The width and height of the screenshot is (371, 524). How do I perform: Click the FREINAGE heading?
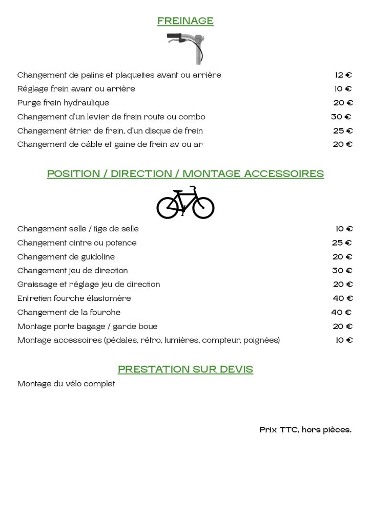(x=185, y=21)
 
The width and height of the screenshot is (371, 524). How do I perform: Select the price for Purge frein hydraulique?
(x=343, y=103)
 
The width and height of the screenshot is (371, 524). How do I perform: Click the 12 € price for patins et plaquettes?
(x=343, y=75)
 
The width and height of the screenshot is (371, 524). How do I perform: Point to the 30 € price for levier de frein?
(x=341, y=117)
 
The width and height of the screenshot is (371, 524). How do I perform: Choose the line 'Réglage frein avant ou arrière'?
(x=76, y=89)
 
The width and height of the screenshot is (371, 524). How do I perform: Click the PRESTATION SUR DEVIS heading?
(x=186, y=369)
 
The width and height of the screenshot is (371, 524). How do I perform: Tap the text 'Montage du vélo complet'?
(x=66, y=384)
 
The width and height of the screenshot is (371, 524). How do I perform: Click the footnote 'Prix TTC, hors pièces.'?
(x=305, y=430)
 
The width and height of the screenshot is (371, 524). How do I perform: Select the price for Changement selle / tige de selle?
(x=344, y=229)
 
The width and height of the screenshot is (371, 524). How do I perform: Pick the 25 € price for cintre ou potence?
(x=342, y=243)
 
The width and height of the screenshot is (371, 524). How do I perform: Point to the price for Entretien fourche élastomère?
(x=343, y=298)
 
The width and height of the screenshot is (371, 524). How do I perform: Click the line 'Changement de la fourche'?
(x=69, y=312)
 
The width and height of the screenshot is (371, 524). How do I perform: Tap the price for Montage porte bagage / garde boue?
(x=343, y=326)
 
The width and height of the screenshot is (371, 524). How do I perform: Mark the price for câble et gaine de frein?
(x=343, y=144)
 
